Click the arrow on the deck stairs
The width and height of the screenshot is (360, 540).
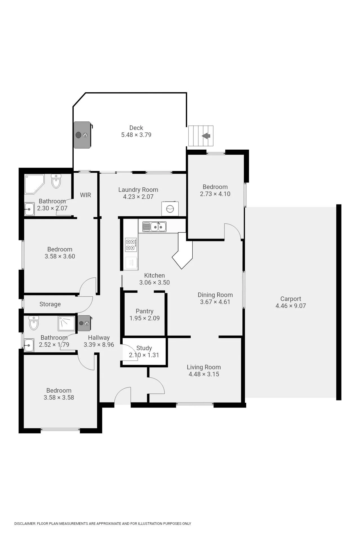(x=206, y=136)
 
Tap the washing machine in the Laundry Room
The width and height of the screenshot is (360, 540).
(x=170, y=209)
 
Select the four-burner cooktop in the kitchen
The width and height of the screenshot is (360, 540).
(x=131, y=245)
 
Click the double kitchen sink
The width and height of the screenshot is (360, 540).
(x=154, y=227)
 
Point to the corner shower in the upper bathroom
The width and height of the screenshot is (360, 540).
(x=34, y=184)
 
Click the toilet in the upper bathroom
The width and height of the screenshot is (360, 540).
(x=56, y=181)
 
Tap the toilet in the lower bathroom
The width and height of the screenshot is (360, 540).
(x=34, y=323)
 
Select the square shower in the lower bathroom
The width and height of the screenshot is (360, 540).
(x=67, y=323)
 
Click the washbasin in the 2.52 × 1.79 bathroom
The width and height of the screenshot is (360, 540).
(x=29, y=345)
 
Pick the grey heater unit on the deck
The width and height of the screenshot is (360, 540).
(x=83, y=135)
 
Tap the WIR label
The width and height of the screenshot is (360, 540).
(x=85, y=195)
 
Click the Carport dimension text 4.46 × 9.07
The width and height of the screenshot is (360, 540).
(x=291, y=306)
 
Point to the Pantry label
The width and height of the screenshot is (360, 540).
(x=145, y=311)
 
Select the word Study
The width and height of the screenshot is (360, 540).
(x=144, y=348)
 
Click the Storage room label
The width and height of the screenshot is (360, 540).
(x=50, y=304)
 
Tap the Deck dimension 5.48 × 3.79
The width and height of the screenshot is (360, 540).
(x=136, y=135)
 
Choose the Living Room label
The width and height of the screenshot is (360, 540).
(x=204, y=367)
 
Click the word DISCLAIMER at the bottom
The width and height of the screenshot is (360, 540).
(x=25, y=523)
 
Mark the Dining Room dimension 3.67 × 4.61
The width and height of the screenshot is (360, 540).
(x=215, y=302)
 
